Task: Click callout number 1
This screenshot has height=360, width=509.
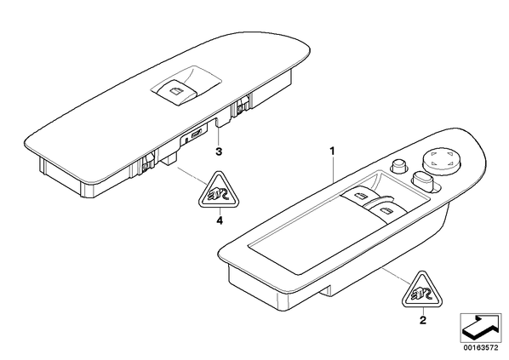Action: click(332, 151)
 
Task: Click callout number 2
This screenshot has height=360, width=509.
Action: click(423, 320)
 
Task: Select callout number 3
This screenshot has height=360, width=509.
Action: click(219, 151)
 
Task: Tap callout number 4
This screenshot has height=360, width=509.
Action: click(220, 221)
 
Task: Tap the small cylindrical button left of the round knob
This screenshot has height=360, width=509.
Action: click(400, 166)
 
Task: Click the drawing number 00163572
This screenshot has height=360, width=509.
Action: click(480, 348)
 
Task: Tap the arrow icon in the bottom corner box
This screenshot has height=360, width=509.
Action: click(480, 328)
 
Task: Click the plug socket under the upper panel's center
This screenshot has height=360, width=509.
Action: click(197, 134)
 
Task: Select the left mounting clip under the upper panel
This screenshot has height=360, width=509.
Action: click(146, 165)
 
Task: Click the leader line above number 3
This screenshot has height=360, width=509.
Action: click(218, 136)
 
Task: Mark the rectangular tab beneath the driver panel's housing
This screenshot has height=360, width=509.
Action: click(325, 290)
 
